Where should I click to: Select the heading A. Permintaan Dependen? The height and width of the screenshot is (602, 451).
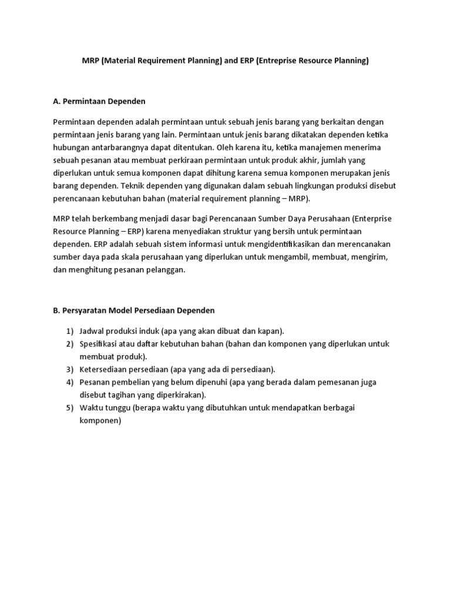[x=99, y=102]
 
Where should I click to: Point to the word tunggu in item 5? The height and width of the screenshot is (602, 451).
[x=118, y=408]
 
